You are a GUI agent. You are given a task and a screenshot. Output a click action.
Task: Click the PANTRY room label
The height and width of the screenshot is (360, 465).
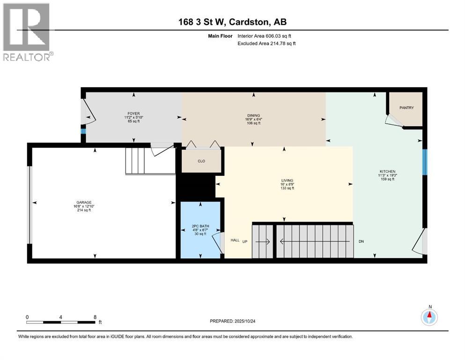[406, 108]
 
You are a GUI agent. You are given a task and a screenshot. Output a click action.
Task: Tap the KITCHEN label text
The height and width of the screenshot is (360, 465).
[388, 172]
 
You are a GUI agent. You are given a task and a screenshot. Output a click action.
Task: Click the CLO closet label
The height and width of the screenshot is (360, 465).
[201, 161]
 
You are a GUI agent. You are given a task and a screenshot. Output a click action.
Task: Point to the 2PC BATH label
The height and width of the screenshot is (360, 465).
[201, 226]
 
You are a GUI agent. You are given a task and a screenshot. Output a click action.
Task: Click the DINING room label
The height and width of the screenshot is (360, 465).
[254, 116]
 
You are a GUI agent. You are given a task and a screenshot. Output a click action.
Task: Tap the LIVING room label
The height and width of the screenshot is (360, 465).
[287, 180]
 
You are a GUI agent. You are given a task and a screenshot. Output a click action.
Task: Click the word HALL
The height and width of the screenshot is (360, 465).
[235, 240]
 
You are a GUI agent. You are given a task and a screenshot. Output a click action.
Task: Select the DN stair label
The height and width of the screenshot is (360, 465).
[361, 242]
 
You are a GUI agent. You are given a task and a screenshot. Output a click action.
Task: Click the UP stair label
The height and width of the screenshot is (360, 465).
[244, 241]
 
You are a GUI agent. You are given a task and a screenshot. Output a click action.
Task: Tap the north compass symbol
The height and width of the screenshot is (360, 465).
[429, 317]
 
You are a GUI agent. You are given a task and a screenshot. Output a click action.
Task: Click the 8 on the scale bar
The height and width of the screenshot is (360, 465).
[95, 317]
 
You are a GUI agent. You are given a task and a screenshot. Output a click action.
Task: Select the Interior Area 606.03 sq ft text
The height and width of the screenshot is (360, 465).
[267, 36]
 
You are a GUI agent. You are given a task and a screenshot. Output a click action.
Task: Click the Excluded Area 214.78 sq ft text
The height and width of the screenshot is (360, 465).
[267, 43]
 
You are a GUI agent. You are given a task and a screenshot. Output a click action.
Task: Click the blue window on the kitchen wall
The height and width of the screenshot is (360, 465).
[425, 162]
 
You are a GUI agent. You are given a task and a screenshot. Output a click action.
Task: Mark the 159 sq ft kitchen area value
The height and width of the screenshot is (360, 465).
[388, 179]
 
